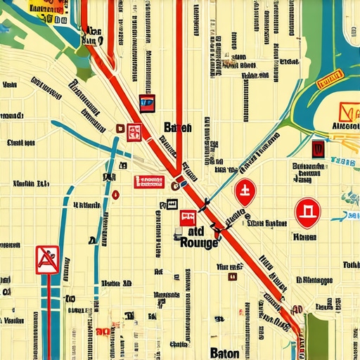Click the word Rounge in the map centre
pyautogui.click(x=199, y=243)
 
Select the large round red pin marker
pyautogui.click(x=307, y=212)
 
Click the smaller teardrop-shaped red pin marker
pyautogui.click(x=244, y=191)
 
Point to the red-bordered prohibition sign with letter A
pyautogui.click(x=48, y=259)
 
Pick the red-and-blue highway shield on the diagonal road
pyautogui.click(x=146, y=103)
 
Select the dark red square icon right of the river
pyautogui.click(x=318, y=148)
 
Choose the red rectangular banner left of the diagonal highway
pyautogui.click(x=148, y=181)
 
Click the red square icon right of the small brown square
pyautogui.click(x=134, y=131)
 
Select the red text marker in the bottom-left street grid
pyautogui.click(x=103, y=330)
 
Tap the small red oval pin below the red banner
pyautogui.click(x=116, y=194)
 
